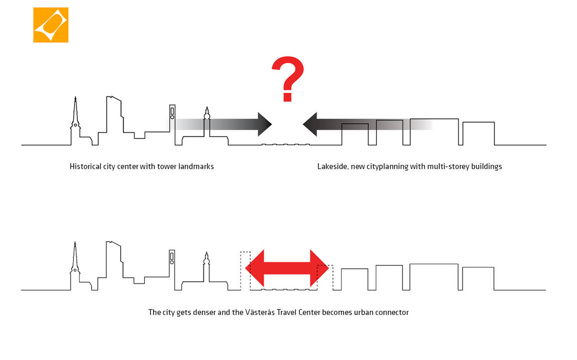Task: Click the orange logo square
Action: click(51, 25)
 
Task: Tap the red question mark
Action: click(288, 79)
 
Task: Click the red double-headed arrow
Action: click(287, 268)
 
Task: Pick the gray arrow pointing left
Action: click(367, 124)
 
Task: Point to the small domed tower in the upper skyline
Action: click(207, 121)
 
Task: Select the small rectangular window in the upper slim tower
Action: click(172, 111)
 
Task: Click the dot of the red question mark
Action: click(288, 97)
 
